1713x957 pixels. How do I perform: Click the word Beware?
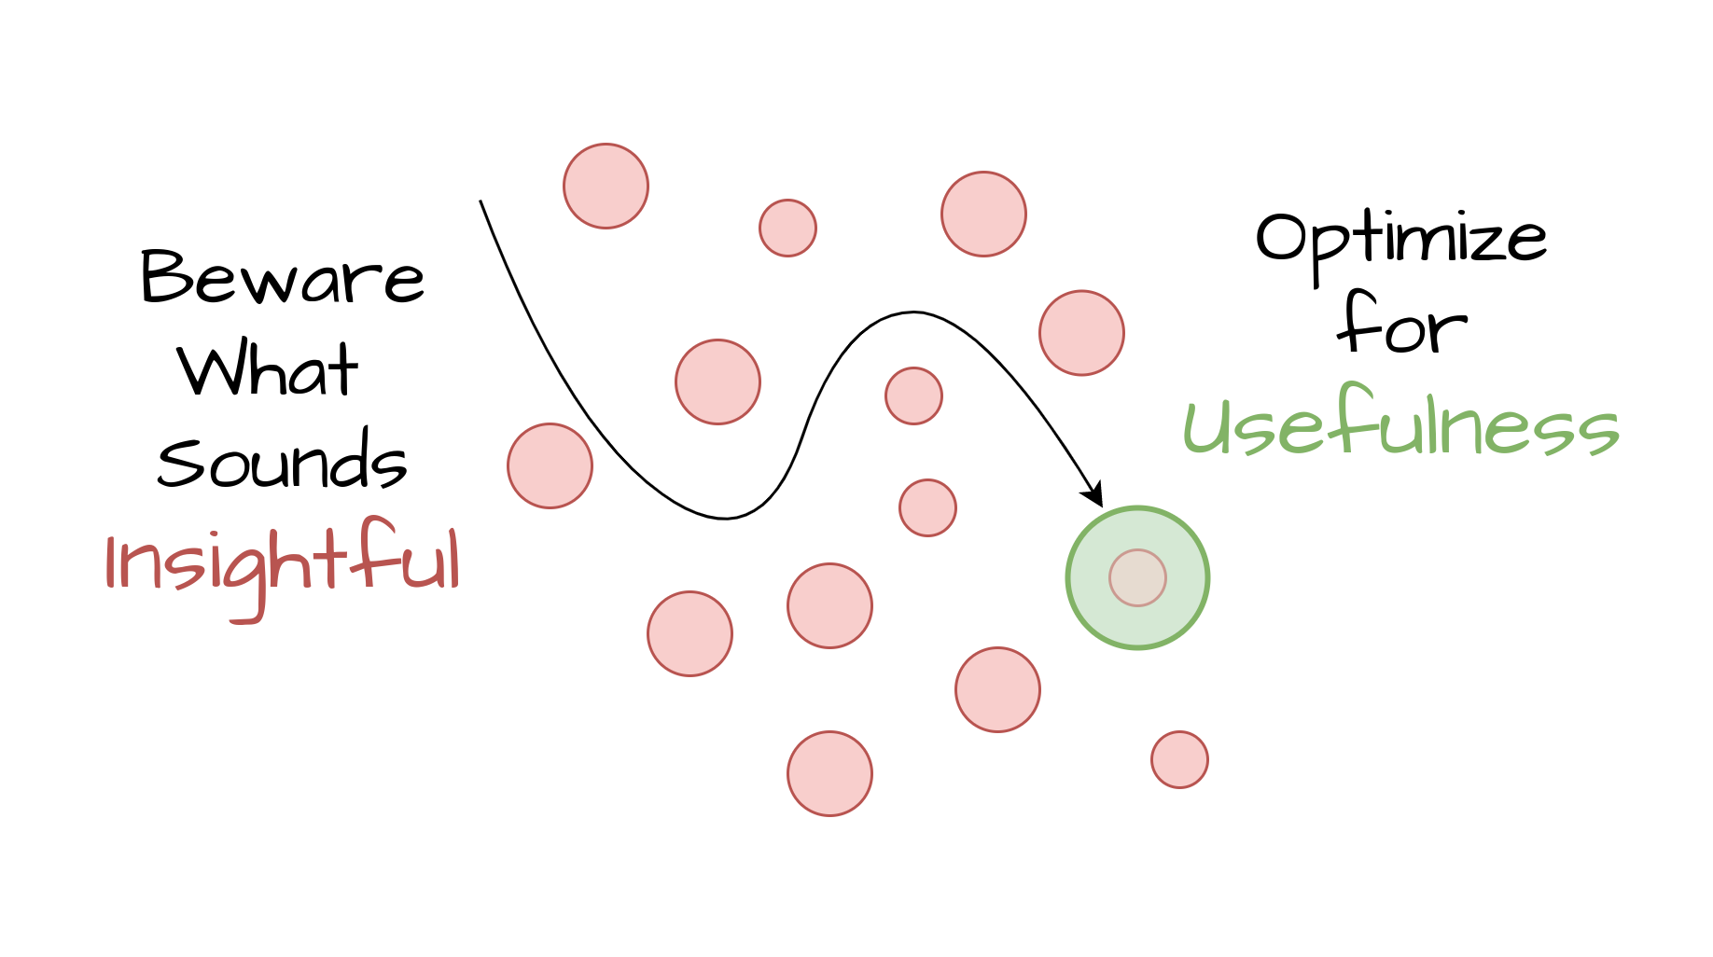282,278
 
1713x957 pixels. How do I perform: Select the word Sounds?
282,461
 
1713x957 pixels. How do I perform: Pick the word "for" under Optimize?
1401,325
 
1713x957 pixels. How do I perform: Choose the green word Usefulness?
1400,424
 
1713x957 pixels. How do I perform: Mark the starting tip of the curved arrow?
480,201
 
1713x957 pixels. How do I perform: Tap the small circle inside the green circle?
1137,577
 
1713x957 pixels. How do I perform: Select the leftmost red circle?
550,465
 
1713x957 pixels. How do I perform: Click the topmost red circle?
606,186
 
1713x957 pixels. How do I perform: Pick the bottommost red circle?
829,773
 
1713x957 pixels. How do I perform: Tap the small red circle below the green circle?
1179,759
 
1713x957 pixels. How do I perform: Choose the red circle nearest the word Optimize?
1081,333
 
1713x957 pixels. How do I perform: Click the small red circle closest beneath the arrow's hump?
913,395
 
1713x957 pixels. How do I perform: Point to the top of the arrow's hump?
912,312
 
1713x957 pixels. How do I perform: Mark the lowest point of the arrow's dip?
726,518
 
